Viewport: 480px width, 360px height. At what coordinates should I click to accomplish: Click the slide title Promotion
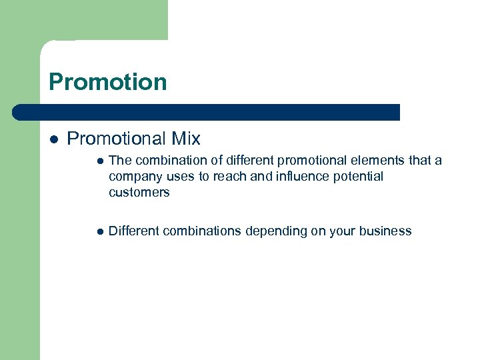pos(108,82)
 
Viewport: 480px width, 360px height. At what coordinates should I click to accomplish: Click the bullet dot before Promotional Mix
pos(54,139)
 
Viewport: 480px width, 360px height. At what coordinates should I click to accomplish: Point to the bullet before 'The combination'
pos(99,161)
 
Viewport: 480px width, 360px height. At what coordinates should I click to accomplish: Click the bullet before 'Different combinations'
pos(99,232)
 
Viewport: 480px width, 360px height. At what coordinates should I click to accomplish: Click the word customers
pos(139,193)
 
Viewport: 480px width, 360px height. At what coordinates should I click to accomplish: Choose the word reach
pos(222,177)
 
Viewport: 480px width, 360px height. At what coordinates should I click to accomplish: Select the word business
pos(385,231)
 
